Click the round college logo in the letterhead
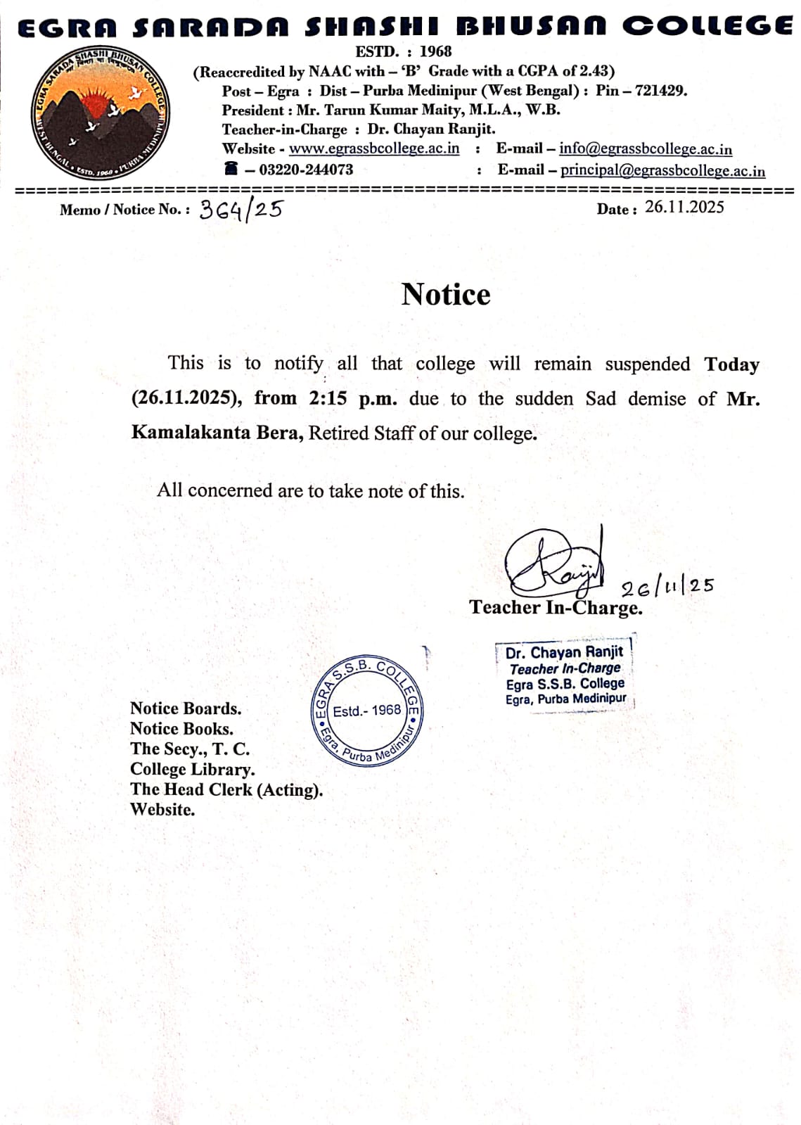100,113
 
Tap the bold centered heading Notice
446,294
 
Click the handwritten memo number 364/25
241,209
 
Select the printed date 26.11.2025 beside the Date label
684,207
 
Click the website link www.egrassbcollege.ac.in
374,148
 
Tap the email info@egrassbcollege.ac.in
645,148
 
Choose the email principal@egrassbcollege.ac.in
662,170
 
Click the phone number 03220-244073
306,170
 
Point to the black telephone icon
231,168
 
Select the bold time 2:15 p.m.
352,398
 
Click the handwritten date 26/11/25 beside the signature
667,587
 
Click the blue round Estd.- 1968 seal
366,711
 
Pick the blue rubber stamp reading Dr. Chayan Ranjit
564,675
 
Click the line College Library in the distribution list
192,769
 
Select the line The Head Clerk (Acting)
226,789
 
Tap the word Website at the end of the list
162,809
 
